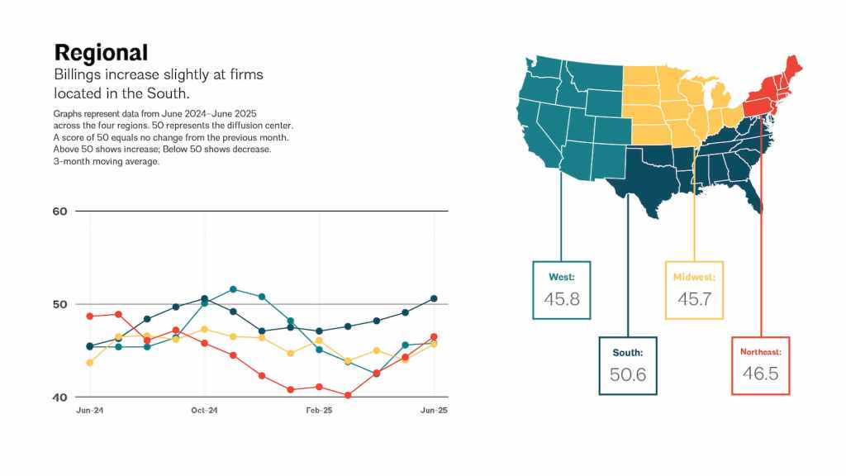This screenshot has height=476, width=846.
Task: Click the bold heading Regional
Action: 101,53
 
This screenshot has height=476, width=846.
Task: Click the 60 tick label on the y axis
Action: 59,211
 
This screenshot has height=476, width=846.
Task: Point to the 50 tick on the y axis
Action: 59,304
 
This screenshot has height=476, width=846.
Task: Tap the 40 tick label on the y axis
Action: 59,397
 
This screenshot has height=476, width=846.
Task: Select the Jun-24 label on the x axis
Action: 89,411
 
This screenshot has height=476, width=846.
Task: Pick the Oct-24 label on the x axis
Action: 204,411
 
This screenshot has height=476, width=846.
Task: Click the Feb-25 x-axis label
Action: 319,411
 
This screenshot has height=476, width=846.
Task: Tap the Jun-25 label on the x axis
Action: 434,411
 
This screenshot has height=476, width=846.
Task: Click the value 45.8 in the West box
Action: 562,299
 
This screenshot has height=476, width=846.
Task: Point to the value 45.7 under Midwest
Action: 694,299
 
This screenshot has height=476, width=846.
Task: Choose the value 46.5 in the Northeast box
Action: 761,374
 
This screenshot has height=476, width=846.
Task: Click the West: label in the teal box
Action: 562,277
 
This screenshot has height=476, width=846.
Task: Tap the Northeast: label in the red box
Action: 761,352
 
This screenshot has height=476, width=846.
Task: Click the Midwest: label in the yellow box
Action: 694,277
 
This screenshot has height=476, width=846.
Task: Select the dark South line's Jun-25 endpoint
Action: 434,298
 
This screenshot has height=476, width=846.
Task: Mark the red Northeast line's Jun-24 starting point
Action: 89,317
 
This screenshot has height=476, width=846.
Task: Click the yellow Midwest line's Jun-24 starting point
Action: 89,363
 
